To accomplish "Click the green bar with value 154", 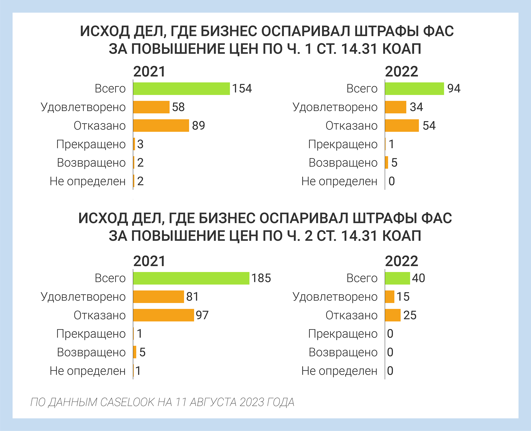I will click(x=181, y=89).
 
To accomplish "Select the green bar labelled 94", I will click(x=414, y=89).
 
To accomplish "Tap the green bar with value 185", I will click(x=191, y=278).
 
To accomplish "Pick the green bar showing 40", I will click(x=397, y=278).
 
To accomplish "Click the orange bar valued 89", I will click(x=161, y=126).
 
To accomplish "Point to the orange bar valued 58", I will click(x=151, y=107).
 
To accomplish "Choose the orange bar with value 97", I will click(x=164, y=315).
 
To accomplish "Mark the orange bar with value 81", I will click(x=159, y=297).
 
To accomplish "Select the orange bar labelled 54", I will click(x=402, y=126).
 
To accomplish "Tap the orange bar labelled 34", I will click(x=395, y=107).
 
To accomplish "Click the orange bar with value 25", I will click(x=392, y=315).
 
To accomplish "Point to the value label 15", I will click(x=403, y=297).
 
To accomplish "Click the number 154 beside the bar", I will click(x=242, y=89).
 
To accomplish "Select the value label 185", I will click(x=261, y=278).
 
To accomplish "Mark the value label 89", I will click(x=199, y=126).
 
